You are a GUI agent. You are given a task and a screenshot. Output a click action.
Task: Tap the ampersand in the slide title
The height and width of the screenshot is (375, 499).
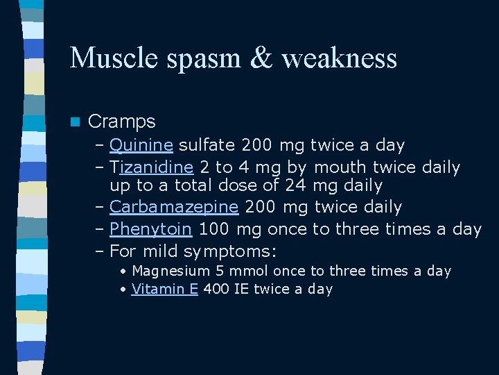263,57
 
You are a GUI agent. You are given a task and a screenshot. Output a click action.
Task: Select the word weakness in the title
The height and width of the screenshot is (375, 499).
340,57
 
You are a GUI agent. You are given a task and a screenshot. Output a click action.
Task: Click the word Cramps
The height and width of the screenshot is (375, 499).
122,122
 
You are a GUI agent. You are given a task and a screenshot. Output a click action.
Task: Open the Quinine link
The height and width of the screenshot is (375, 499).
141,145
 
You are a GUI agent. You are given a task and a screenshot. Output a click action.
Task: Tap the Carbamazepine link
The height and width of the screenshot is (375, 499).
174,207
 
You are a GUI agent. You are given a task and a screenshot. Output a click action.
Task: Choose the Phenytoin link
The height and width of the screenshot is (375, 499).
150,228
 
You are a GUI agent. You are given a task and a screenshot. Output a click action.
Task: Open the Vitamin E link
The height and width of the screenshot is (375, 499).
165,289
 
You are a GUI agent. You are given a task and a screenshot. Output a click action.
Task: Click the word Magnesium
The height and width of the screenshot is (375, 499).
170,271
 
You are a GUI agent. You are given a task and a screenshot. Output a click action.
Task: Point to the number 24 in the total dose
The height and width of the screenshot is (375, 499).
296,185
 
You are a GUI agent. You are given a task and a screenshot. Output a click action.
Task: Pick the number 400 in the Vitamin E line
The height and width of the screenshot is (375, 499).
216,289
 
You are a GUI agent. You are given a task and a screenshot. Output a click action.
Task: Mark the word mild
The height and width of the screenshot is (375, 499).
160,250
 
